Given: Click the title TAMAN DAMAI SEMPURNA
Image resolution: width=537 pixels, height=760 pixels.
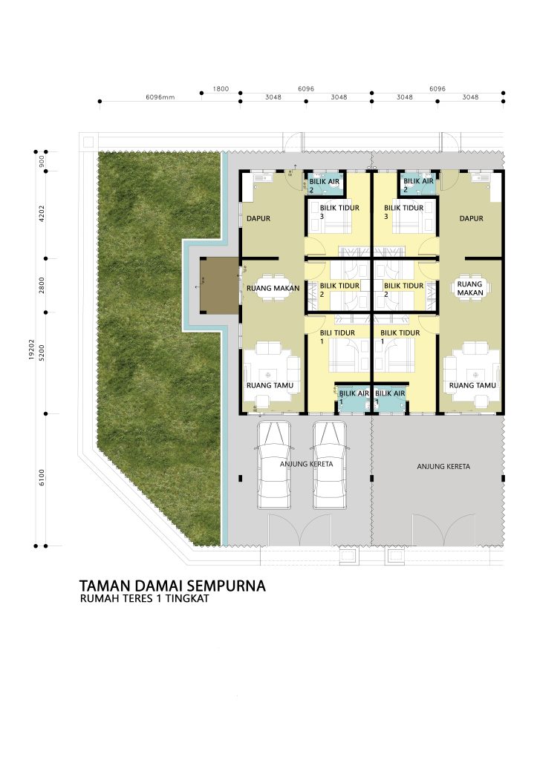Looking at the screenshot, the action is pyautogui.click(x=172, y=585).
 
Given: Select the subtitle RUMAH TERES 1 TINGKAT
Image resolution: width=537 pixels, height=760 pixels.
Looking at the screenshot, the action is pyautogui.click(x=145, y=598).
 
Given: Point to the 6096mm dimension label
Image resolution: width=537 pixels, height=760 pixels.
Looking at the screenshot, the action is pyautogui.click(x=160, y=97).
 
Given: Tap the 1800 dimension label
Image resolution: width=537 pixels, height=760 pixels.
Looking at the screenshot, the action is pyautogui.click(x=221, y=89).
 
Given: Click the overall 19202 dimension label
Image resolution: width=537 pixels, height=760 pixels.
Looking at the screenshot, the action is pyautogui.click(x=31, y=350).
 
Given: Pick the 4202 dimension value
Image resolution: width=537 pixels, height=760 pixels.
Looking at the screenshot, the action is pyautogui.click(x=42, y=214).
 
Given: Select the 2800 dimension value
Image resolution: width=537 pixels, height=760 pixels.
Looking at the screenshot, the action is pyautogui.click(x=42, y=285).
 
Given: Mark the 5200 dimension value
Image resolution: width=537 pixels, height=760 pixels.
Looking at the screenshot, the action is pyautogui.click(x=42, y=353).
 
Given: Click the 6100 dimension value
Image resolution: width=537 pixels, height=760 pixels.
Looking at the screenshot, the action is pyautogui.click(x=42, y=477).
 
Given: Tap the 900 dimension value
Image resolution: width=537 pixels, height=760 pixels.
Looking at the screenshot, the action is pyautogui.click(x=42, y=161).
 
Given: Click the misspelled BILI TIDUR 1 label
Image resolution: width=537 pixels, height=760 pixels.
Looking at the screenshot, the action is pyautogui.click(x=338, y=336).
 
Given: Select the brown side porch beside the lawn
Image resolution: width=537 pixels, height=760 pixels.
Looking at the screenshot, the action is pyautogui.click(x=219, y=285).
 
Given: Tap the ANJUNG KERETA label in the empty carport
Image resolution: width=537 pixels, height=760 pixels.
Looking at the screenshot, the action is pyautogui.click(x=443, y=466).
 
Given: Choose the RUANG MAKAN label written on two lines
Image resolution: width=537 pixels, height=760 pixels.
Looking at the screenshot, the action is pyautogui.click(x=470, y=289).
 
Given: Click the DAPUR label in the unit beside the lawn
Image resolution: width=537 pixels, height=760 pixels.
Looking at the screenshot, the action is pyautogui.click(x=258, y=219).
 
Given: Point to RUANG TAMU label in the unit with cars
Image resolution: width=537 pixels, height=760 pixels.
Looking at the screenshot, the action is pyautogui.click(x=270, y=386).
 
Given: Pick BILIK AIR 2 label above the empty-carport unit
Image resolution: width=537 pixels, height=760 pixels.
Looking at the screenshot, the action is pyautogui.click(x=419, y=185).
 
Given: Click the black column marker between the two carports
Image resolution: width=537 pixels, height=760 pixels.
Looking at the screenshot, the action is pyautogui.click(x=372, y=479).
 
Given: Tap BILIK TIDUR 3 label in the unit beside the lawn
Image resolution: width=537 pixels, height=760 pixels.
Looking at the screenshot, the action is pyautogui.click(x=339, y=212).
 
